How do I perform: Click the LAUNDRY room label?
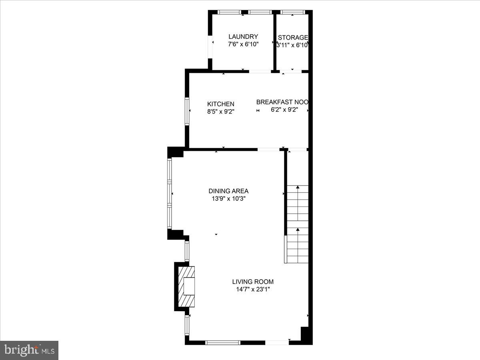pyautogui.click(x=243, y=37)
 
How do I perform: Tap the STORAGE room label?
pyautogui.click(x=293, y=38)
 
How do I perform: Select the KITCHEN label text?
pyautogui.click(x=220, y=104)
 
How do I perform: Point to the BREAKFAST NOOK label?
pyautogui.click(x=282, y=102)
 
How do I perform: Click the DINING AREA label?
pyautogui.click(x=228, y=191)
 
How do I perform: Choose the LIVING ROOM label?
pyautogui.click(x=253, y=282)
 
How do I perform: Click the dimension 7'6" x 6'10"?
pyautogui.click(x=243, y=45)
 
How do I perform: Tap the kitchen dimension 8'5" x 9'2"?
pyautogui.click(x=220, y=112)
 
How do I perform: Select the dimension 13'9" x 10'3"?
pyautogui.click(x=228, y=199)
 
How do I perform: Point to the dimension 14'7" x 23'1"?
pyautogui.click(x=253, y=289)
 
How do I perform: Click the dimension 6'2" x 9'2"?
pyautogui.click(x=284, y=110)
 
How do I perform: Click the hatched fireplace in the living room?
pyautogui.click(x=186, y=286)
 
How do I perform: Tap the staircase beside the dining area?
pyautogui.click(x=298, y=224)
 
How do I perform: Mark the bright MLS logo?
pyautogui.click(x=29, y=350)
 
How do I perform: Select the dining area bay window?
pyautogui.click(x=170, y=194)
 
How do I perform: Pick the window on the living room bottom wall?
pyautogui.click(x=223, y=342)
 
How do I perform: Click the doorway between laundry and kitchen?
pyautogui.click(x=260, y=72)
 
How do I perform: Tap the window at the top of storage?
pyautogui.click(x=292, y=12)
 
